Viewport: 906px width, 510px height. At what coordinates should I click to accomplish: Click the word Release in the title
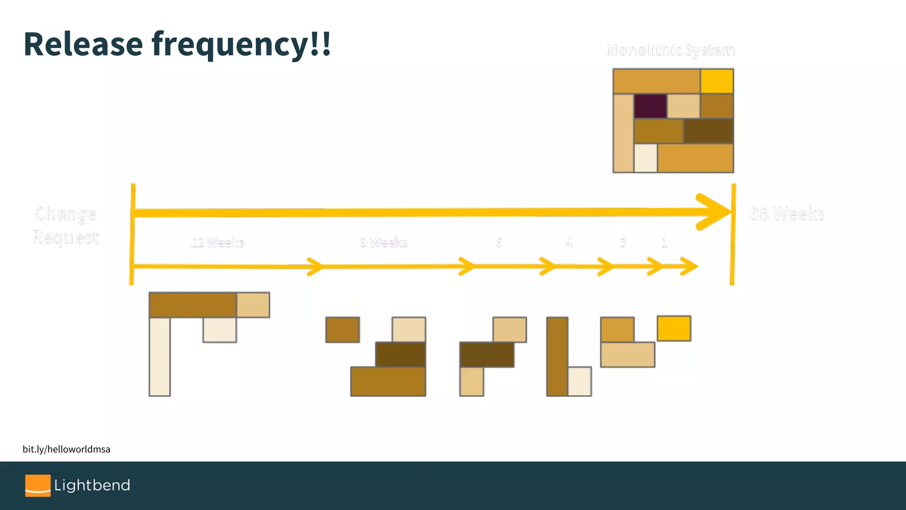click(x=83, y=44)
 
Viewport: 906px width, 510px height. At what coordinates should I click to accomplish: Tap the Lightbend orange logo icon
click(x=38, y=486)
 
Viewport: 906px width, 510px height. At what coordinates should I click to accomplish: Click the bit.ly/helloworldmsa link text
click(x=66, y=449)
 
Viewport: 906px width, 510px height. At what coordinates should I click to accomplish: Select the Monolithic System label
click(x=670, y=50)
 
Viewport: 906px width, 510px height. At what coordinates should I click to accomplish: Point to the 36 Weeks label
click(x=787, y=214)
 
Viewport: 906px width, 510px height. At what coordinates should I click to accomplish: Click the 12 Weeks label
click(x=217, y=243)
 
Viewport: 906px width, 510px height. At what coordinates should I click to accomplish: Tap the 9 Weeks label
click(x=383, y=243)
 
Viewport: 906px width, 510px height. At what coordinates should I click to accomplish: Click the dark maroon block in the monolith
click(x=650, y=106)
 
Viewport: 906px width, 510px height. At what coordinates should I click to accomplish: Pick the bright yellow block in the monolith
click(x=717, y=81)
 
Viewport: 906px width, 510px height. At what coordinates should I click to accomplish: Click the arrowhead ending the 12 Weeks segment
click(x=316, y=267)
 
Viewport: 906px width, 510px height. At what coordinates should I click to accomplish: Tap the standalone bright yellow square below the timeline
click(x=674, y=328)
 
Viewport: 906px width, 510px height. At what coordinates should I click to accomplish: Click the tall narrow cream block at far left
click(x=160, y=356)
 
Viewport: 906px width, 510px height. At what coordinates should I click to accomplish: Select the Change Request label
click(x=65, y=225)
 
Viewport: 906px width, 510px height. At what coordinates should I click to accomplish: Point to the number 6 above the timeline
click(x=499, y=243)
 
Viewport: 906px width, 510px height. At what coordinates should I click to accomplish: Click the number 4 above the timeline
click(x=569, y=243)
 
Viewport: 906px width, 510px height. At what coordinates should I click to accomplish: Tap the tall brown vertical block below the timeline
click(x=557, y=356)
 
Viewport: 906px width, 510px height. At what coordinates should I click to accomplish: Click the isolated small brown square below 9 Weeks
click(x=342, y=329)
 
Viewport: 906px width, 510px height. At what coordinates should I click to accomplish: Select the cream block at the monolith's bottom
click(x=645, y=158)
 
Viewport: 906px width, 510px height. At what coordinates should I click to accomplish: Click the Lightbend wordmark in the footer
click(x=92, y=486)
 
